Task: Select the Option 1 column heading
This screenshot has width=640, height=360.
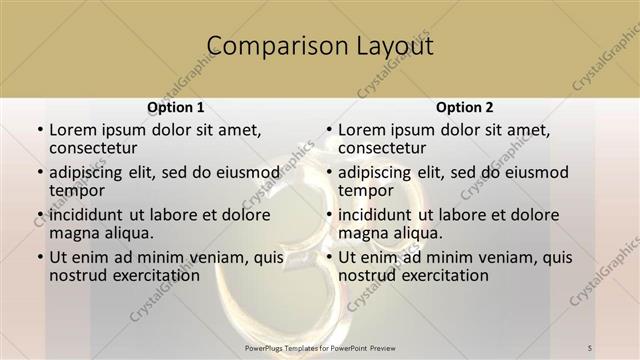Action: click(175, 107)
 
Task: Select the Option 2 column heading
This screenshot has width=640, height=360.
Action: click(465, 107)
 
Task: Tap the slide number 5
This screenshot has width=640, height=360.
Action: click(590, 347)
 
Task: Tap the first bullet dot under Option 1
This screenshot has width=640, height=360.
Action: click(39, 130)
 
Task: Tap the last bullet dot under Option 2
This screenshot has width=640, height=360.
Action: click(328, 258)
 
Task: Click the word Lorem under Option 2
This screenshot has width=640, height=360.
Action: click(362, 129)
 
